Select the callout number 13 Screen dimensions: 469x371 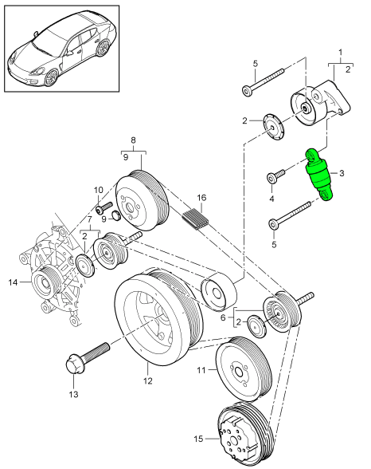point(75,394)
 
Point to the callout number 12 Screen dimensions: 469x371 point(147,381)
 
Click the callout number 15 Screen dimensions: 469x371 point(198,438)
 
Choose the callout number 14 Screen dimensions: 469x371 point(12,282)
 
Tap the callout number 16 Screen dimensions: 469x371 point(202,196)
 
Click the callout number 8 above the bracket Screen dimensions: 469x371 point(134,137)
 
